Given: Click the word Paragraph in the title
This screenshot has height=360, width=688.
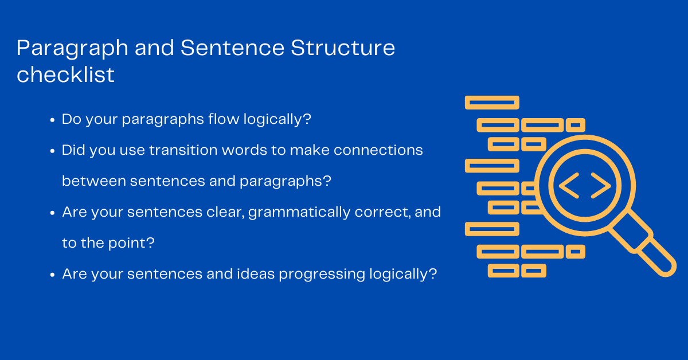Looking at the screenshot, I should coord(72,49).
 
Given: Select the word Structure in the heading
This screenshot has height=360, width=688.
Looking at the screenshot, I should coord(342,48).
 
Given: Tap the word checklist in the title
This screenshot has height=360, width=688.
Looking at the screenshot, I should coord(65,75).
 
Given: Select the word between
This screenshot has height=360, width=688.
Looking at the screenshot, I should coord(93,181).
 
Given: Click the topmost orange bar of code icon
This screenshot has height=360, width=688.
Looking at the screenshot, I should coord(491,103).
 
